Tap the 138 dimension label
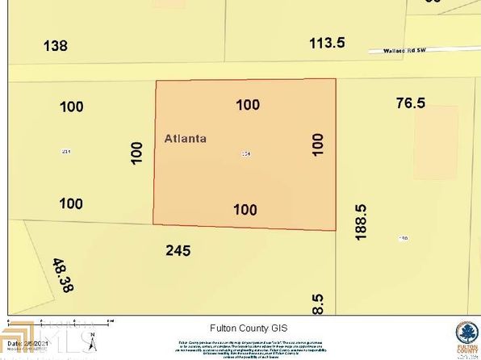pos(56,46)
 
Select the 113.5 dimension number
pos(328,42)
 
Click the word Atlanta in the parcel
pos(185,138)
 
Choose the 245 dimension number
pos(177,250)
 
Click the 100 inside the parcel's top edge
pos(248,104)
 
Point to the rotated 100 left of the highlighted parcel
pos(136,152)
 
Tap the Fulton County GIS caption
pos(241,328)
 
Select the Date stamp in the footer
pos(23,343)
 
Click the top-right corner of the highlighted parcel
pos(334,79)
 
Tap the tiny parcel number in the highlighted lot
pos(245,153)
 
